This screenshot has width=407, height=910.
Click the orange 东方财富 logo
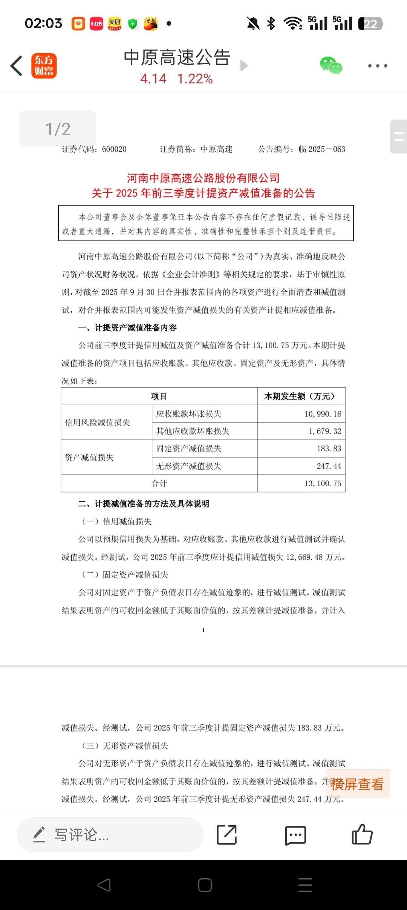click(44, 66)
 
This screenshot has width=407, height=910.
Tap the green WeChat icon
click(331, 66)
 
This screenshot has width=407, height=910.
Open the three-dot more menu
click(378, 66)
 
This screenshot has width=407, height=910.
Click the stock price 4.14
click(153, 79)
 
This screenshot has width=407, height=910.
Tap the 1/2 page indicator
click(58, 129)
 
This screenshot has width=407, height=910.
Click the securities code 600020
click(114, 149)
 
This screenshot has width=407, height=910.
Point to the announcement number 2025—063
click(326, 149)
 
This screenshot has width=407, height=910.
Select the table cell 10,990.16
click(323, 414)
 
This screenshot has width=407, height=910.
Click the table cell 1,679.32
click(324, 431)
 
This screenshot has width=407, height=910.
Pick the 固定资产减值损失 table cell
click(189, 449)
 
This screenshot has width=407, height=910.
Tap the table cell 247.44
click(329, 466)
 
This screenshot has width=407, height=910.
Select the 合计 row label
click(159, 483)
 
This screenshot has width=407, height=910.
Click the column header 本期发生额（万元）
click(301, 396)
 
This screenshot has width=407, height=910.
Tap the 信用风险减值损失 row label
click(98, 423)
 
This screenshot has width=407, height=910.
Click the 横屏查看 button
click(357, 784)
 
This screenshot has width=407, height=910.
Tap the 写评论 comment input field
click(110, 835)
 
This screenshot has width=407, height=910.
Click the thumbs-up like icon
click(362, 834)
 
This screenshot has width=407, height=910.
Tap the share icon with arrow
click(227, 835)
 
